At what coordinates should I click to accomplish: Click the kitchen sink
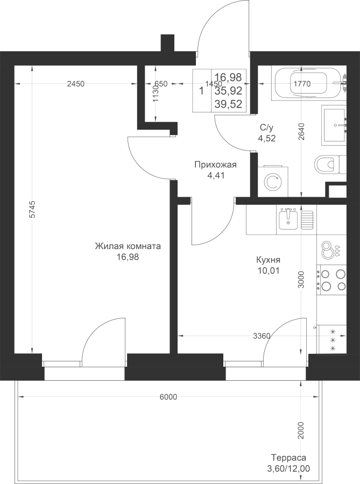291,218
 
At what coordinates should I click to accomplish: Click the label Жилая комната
128,247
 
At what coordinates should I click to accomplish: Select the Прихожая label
215,165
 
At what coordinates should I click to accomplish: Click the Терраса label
288,458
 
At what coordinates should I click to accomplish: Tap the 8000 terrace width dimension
168,397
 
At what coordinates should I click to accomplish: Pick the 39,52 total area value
229,104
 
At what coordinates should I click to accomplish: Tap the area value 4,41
215,175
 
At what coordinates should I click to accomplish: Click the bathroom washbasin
337,125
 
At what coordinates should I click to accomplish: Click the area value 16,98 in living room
128,257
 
